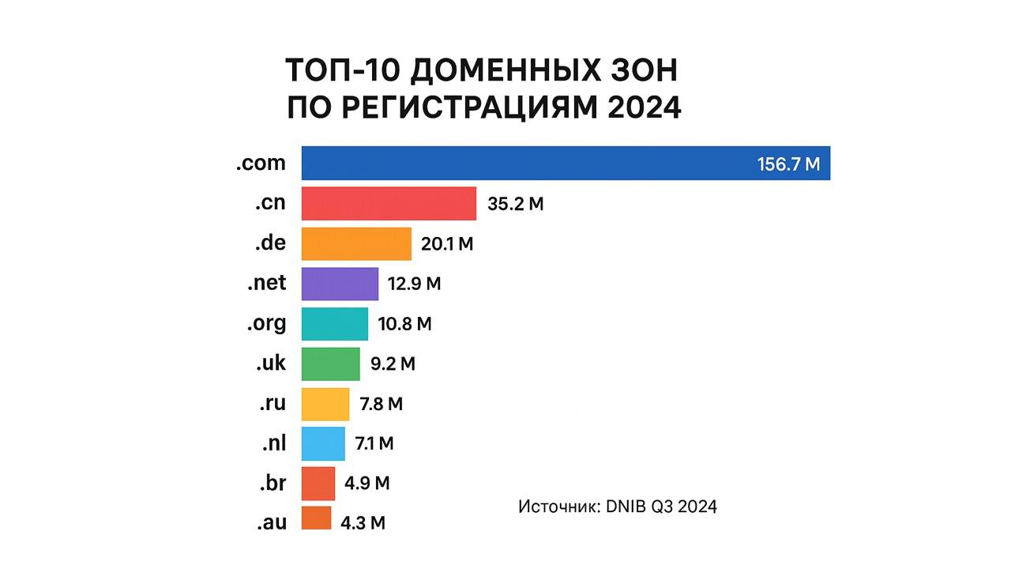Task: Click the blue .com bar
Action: [x=566, y=163]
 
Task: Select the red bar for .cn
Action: [x=389, y=203]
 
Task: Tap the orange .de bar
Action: [x=356, y=243]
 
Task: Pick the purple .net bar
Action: [x=340, y=284]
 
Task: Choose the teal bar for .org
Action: [x=335, y=324]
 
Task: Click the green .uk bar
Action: [x=330, y=364]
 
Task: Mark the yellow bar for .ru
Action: [x=325, y=404]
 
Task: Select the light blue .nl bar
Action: [x=323, y=443]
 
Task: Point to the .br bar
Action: [x=318, y=483]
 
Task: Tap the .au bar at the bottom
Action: [x=316, y=518]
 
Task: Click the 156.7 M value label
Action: [x=788, y=165]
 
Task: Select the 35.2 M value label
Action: [x=515, y=205]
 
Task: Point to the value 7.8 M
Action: [x=381, y=405]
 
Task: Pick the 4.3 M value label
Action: [x=363, y=523]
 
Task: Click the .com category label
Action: [x=260, y=164]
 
